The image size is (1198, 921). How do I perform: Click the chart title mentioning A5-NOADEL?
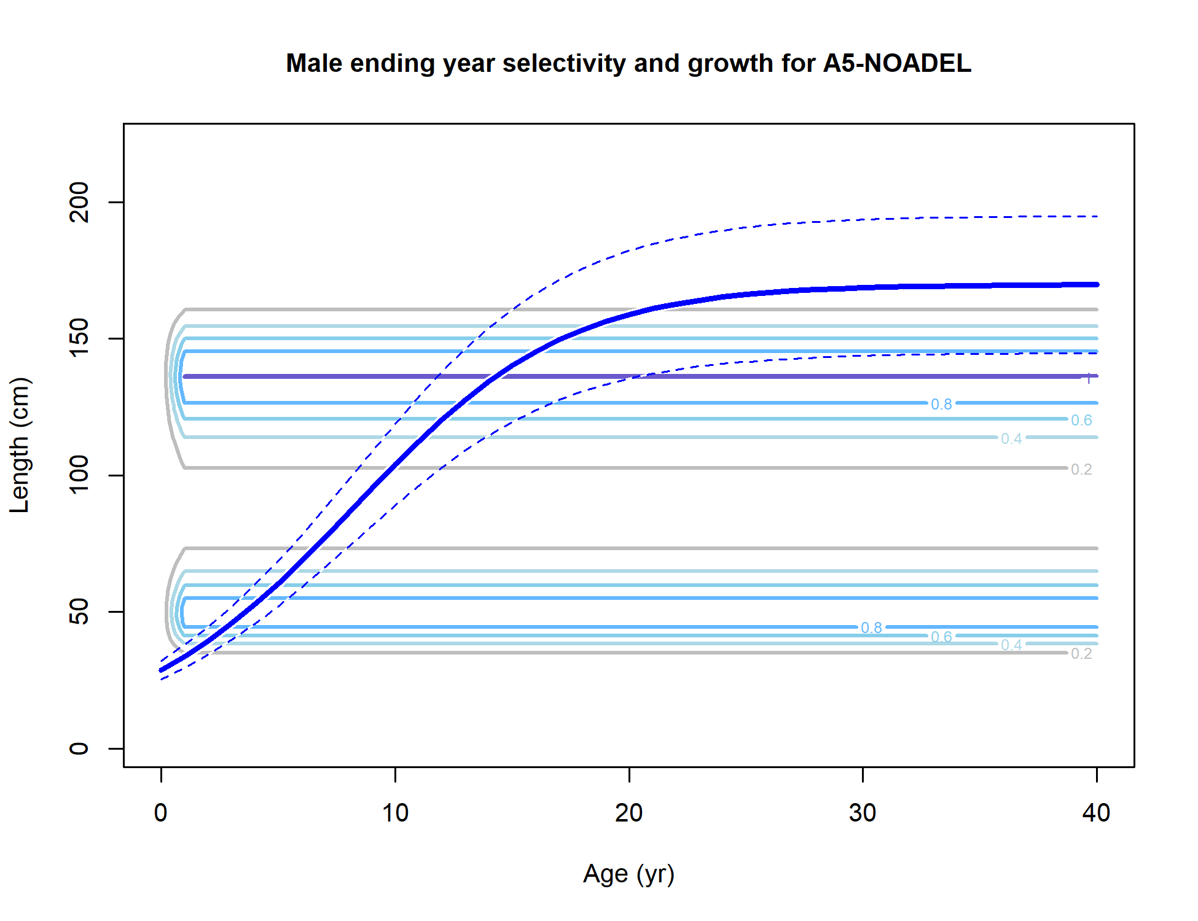[x=628, y=63]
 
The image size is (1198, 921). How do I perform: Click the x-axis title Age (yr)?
[x=628, y=874]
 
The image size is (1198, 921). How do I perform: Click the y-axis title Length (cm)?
[x=20, y=445]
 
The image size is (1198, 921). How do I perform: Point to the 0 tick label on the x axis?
[x=161, y=813]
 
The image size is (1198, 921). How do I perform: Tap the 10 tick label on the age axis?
[x=395, y=813]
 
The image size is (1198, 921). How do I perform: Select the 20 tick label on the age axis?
[x=628, y=813]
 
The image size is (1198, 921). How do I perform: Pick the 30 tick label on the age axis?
[x=863, y=813]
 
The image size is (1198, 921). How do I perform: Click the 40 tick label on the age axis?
[x=1097, y=813]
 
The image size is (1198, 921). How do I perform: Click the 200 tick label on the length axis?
[x=79, y=202]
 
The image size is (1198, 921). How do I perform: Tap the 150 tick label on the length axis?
[x=79, y=338]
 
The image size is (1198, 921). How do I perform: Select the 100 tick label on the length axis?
[x=79, y=475]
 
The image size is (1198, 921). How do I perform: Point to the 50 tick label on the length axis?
[x=79, y=612]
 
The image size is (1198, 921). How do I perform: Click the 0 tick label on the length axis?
[x=79, y=748]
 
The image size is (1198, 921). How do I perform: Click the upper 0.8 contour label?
[x=941, y=404]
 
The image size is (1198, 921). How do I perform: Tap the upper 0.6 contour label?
[x=1081, y=420]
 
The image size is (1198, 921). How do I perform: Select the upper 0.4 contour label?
[x=1011, y=438]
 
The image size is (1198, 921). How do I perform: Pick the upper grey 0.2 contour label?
[x=1081, y=469]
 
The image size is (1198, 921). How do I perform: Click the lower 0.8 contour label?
[x=871, y=628]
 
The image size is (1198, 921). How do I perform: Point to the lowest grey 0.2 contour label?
[x=1081, y=653]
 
